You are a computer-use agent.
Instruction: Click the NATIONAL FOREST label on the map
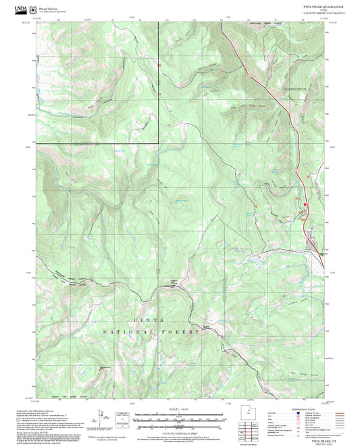tap(151, 333)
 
